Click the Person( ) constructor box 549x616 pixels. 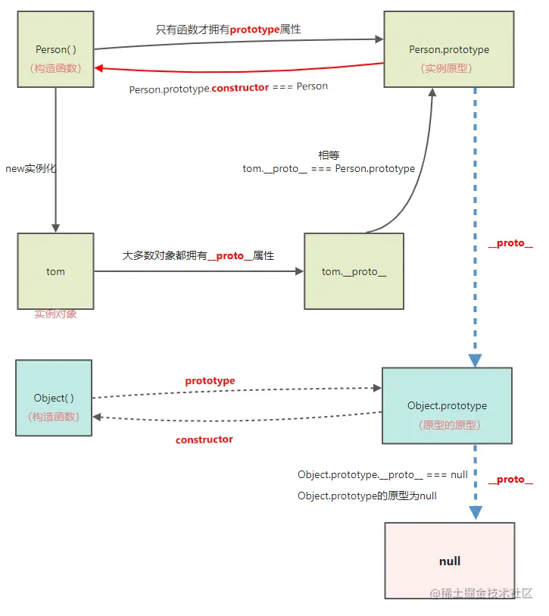tap(55, 49)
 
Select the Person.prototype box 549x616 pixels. tap(448, 49)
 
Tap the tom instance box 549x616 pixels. tap(55, 270)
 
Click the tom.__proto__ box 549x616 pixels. tap(354, 270)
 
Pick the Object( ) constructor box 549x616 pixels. tap(54, 398)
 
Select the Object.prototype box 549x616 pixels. tap(447, 405)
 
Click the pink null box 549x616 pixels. tap(449, 561)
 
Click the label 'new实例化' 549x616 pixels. tap(31, 169)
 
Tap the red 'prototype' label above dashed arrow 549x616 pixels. tap(210, 380)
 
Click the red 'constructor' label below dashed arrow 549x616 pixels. tap(204, 439)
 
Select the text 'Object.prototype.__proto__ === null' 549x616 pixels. tap(382, 474)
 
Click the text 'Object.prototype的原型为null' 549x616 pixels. tap(367, 496)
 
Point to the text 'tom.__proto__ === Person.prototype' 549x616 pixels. tap(329, 168)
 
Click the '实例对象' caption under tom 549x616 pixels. tap(55, 314)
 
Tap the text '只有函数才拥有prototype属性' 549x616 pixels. tap(229, 29)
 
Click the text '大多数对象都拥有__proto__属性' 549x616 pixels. tap(198, 256)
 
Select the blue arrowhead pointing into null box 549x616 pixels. tap(476, 512)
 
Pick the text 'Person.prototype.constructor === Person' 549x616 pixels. tap(229, 87)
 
